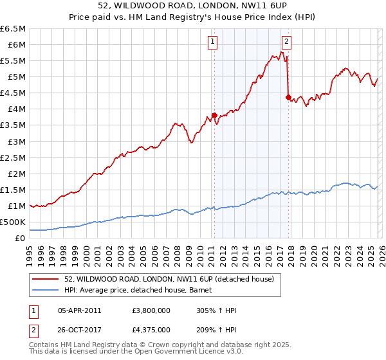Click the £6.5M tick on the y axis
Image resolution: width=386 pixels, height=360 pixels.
point(13,29)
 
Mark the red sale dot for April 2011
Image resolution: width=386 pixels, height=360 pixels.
point(214,115)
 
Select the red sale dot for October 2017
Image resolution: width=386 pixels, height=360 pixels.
point(288,96)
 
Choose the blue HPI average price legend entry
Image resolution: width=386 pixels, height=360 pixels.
point(142,291)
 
